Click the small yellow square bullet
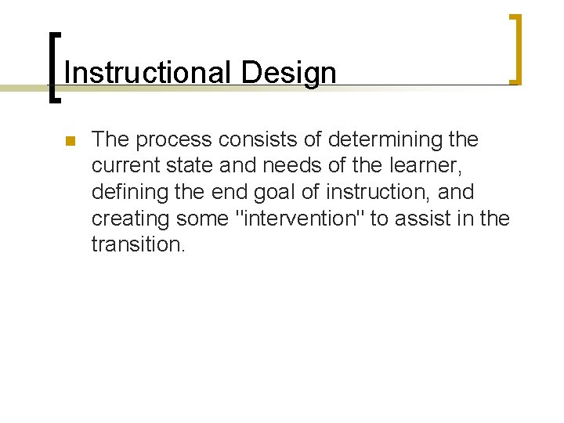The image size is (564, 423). point(69,142)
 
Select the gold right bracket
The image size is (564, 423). point(516,49)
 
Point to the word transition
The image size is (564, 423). point(138,244)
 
